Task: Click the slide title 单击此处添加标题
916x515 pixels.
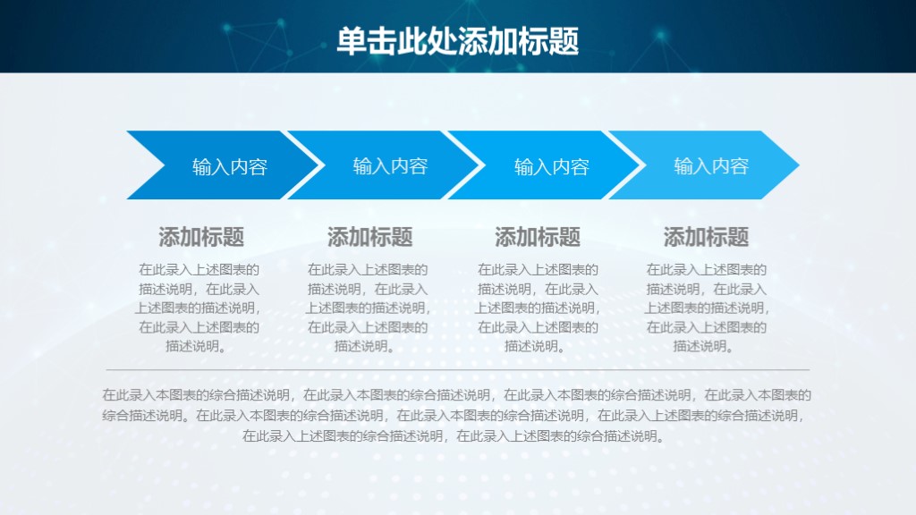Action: tap(457, 41)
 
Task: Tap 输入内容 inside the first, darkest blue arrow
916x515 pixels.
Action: tap(230, 166)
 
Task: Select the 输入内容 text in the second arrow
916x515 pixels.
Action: tap(390, 166)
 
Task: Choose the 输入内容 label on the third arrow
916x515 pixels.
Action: tap(551, 166)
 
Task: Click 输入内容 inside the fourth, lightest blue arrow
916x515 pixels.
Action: tap(711, 166)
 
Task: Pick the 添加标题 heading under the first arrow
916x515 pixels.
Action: tap(201, 237)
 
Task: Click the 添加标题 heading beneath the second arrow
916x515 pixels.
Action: tap(369, 237)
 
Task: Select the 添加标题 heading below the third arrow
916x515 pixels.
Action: tap(538, 237)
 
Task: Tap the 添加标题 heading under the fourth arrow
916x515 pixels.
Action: tap(706, 237)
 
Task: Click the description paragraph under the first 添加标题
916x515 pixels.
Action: tap(199, 308)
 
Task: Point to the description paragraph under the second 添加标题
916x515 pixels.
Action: tap(368, 308)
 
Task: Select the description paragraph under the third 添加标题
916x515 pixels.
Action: tap(538, 308)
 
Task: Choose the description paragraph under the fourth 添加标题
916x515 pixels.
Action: tap(706, 308)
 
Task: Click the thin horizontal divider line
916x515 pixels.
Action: tap(457, 369)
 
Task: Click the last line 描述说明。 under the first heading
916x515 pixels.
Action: tap(199, 346)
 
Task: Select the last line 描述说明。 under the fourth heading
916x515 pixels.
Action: tap(706, 346)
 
